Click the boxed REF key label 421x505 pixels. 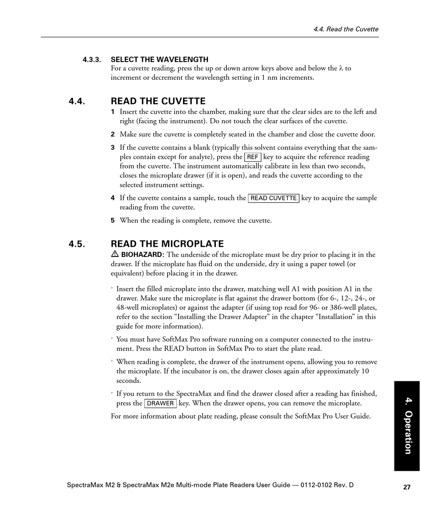pyautogui.click(x=253, y=157)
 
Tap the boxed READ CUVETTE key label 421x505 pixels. pyautogui.click(x=273, y=198)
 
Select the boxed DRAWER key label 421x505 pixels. pyautogui.click(x=160, y=404)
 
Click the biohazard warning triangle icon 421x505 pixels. pyautogui.click(x=114, y=254)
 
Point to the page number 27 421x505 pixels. pyautogui.click(x=407, y=487)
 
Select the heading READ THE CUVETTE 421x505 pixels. pyautogui.click(x=158, y=101)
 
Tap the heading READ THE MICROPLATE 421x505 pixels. pyautogui.click(x=167, y=244)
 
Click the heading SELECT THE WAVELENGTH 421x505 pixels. pyautogui.click(x=160, y=59)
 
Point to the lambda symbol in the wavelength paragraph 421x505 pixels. pyautogui.click(x=341, y=68)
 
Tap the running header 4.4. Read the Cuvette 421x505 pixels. pyautogui.click(x=346, y=29)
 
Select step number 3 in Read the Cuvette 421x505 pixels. pyautogui.click(x=113, y=148)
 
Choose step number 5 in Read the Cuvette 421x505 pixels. pyautogui.click(x=113, y=220)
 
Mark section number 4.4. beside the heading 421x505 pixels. pyautogui.click(x=77, y=101)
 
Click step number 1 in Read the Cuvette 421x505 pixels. pyautogui.click(x=113, y=112)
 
